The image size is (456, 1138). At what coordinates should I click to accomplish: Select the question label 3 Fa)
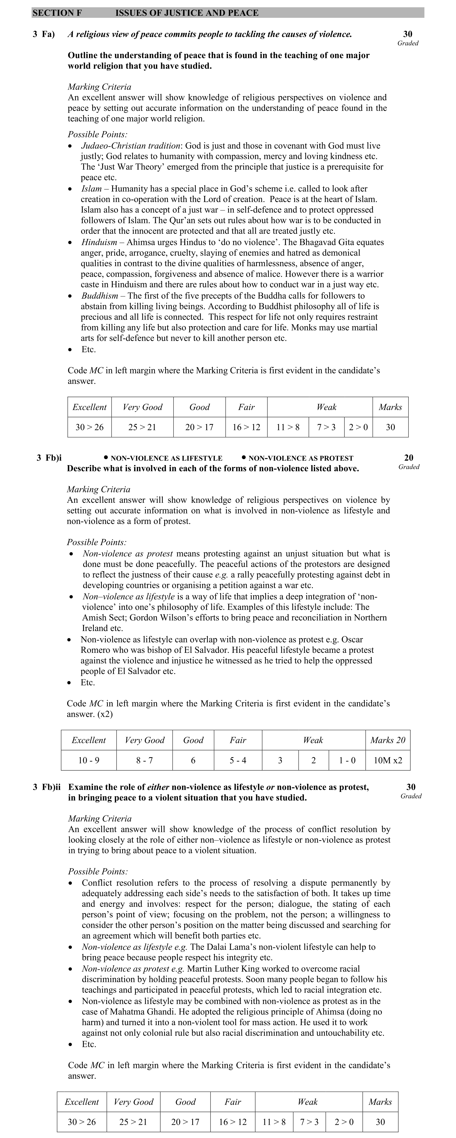pyautogui.click(x=44, y=34)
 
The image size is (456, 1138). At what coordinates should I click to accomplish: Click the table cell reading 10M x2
pyautogui.click(x=388, y=761)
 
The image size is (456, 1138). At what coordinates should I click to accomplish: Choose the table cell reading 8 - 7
pyautogui.click(x=144, y=761)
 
